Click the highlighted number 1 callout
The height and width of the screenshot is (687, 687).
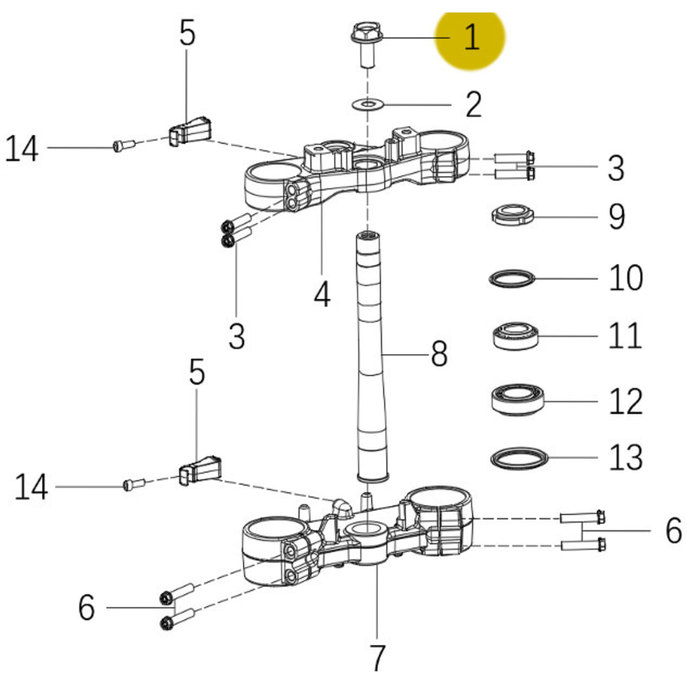pos(471,37)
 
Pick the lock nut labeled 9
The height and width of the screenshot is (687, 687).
pos(512,215)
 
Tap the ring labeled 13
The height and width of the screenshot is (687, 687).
pos(519,458)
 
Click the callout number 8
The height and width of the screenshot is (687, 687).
pos(439,354)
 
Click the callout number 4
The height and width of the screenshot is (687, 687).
pos(322,295)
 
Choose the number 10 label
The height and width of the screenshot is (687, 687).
pos(626,278)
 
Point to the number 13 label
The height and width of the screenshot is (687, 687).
pos(626,457)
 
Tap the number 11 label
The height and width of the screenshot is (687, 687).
pos(625,335)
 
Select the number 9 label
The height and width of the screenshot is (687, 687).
pos(617,217)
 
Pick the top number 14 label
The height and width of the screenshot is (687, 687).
pos(22,148)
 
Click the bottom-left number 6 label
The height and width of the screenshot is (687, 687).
pos(86,608)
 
